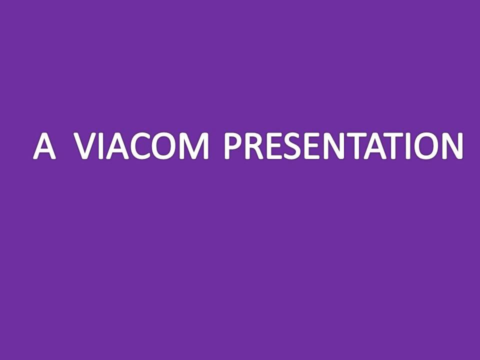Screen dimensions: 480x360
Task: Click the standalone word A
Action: pyautogui.click(x=44, y=146)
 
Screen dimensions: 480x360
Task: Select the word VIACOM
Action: pyautogui.click(x=142, y=146)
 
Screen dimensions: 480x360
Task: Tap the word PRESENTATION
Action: pyautogui.click(x=343, y=146)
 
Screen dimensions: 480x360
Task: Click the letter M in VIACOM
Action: pyautogui.click(x=196, y=146)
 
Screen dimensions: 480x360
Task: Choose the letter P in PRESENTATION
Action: pyautogui.click(x=233, y=146)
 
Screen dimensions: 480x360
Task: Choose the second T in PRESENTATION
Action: pyautogui.click(x=397, y=146)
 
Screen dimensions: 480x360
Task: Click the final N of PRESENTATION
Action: pyautogui.click(x=453, y=146)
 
